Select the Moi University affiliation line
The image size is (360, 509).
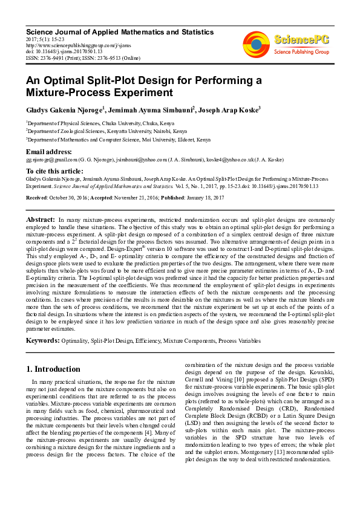(119, 140)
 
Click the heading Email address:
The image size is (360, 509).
(48, 152)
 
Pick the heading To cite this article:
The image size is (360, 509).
(54, 172)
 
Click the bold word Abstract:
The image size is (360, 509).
(41, 218)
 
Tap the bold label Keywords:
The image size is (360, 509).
(42, 340)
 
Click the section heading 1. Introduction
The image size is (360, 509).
(53, 369)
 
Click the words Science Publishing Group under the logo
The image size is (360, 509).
(301, 53)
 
